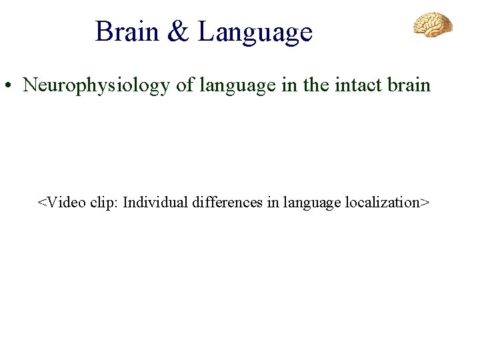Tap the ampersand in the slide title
179,32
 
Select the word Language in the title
255,33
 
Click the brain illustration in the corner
433,25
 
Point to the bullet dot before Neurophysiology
10,87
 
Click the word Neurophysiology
96,86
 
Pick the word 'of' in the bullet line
185,85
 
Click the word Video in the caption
63,202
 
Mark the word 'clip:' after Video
102,203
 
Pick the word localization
383,202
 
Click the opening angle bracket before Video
41,203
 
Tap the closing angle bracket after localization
425,203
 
